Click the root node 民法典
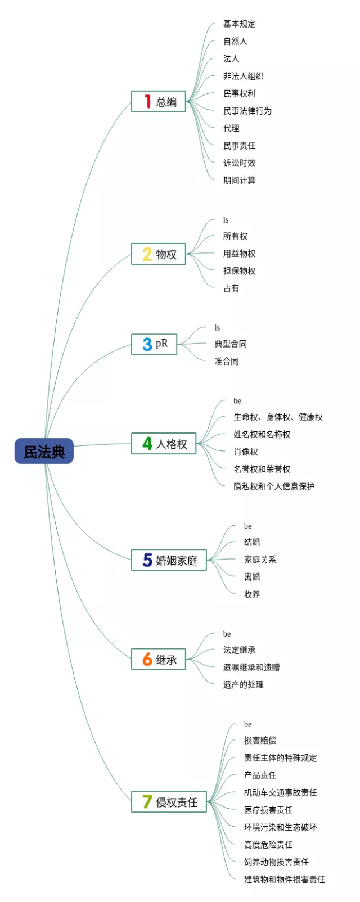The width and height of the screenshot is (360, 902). (x=44, y=451)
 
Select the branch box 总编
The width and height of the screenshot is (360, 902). (x=159, y=102)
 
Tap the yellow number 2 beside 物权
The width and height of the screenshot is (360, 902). (x=147, y=254)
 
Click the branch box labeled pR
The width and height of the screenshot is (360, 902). (x=154, y=344)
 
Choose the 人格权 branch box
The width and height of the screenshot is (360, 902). (x=164, y=444)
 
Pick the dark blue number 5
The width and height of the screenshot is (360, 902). (x=147, y=560)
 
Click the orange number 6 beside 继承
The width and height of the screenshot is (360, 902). (x=147, y=659)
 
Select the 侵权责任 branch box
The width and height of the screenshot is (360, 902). (x=169, y=802)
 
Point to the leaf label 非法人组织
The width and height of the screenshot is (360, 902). (x=243, y=76)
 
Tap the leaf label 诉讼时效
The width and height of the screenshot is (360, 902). (x=239, y=163)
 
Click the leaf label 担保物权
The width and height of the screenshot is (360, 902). (x=239, y=271)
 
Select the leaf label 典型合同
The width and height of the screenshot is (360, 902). (x=231, y=344)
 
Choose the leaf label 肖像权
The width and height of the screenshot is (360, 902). (x=246, y=452)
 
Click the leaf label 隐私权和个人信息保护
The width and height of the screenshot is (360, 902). (x=274, y=486)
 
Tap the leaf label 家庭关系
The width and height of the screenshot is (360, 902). (x=260, y=560)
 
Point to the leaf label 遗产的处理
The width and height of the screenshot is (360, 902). (x=243, y=685)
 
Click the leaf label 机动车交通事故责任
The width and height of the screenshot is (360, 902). (x=280, y=792)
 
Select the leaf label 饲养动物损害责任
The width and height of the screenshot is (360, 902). (x=276, y=862)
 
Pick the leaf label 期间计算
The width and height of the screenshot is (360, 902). (x=239, y=181)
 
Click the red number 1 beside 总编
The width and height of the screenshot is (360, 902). (x=147, y=101)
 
